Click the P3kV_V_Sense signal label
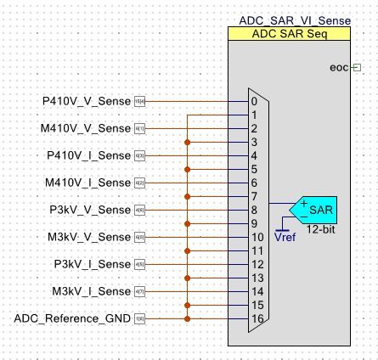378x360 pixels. point(84,210)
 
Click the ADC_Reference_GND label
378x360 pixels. point(73,318)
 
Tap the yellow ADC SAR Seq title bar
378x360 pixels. point(290,34)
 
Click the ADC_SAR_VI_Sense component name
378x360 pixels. point(290,20)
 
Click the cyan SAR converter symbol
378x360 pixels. point(312,210)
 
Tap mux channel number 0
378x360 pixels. point(254,101)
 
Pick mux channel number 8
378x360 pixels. point(254,210)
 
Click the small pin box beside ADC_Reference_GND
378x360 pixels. point(140,318)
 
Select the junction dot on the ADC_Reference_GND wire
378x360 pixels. point(187,318)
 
